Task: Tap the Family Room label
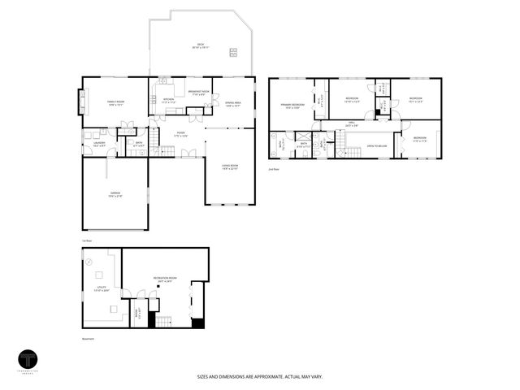tap(115, 102)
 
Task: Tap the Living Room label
tap(230, 168)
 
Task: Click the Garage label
tap(115, 194)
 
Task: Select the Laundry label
tap(99, 144)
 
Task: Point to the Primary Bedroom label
tap(292, 106)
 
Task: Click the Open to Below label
tap(375, 146)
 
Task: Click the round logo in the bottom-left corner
tap(28, 361)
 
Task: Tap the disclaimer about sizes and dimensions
tap(260, 377)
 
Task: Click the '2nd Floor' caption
tap(274, 168)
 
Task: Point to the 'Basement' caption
tap(88, 339)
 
